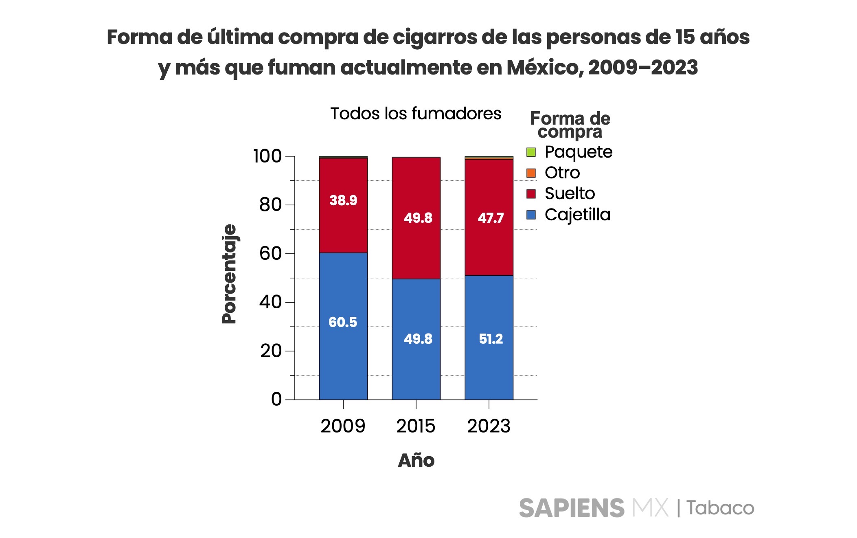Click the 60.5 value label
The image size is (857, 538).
coord(343,322)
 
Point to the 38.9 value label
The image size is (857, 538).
coord(343,200)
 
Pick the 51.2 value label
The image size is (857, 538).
coord(491,339)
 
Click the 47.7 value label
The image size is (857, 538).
coord(491,218)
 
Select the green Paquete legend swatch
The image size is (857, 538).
coord(531,152)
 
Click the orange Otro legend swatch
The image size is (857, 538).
coord(531,173)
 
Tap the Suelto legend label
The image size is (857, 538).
coord(570,193)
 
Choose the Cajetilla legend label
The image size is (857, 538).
coord(577,215)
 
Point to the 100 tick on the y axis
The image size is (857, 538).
coord(267,156)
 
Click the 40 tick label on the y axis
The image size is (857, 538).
coord(271,302)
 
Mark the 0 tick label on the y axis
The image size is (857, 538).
coord(276,400)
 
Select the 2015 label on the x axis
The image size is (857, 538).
coord(416,426)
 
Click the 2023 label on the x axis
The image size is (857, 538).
coord(489,426)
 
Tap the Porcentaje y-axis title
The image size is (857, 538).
coord(229,274)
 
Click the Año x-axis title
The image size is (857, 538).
coord(416,461)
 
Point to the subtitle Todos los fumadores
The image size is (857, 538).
coord(416,114)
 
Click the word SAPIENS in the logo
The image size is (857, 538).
coord(572,508)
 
